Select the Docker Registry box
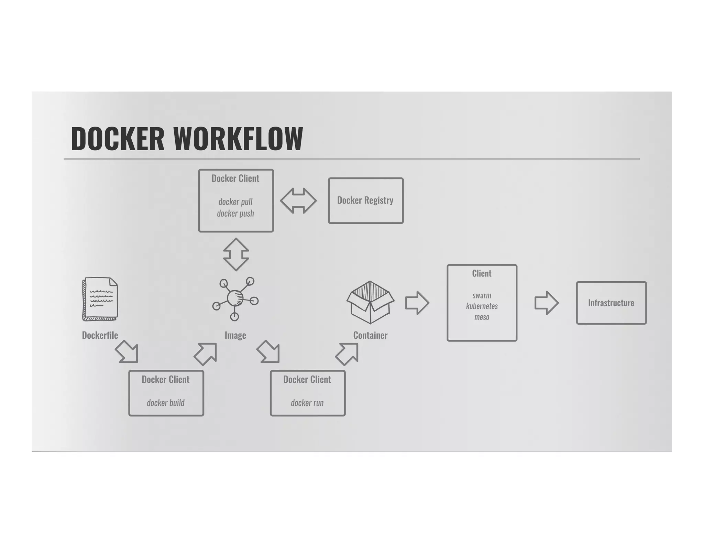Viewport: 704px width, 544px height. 365,201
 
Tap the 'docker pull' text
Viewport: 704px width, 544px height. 235,202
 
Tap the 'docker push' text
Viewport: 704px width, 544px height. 235,214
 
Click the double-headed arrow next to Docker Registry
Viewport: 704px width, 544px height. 298,201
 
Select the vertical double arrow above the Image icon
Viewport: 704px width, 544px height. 236,254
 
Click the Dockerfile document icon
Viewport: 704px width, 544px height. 100,299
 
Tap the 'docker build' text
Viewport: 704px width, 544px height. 166,403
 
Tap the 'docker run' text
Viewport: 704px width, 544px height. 307,403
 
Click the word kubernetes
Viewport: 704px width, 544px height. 482,306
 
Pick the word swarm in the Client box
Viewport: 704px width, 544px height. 482,295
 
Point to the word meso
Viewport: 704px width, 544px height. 482,317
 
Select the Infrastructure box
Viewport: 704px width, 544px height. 611,303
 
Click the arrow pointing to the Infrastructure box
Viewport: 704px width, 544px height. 546,303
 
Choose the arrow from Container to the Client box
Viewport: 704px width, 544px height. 417,303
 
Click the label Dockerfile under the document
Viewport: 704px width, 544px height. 100,335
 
